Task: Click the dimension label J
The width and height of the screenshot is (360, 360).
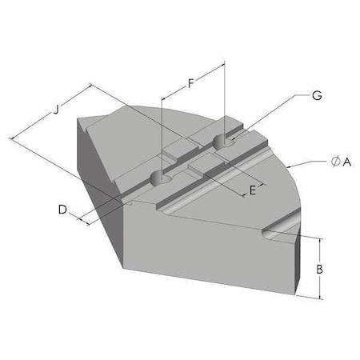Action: (56, 110)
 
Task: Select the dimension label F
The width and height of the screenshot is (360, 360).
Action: (190, 83)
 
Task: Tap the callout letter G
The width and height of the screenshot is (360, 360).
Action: (317, 95)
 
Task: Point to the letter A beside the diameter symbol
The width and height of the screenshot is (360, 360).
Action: (347, 162)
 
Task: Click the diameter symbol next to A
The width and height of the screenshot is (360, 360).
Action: (335, 162)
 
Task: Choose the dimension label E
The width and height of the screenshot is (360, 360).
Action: (252, 190)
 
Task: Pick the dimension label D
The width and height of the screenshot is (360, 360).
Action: (62, 210)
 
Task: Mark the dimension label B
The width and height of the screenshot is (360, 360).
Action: (319, 269)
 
